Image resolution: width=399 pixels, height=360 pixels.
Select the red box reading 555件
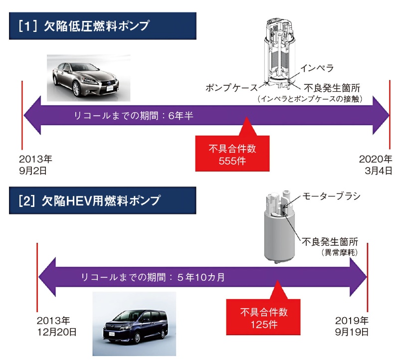(x=228, y=155)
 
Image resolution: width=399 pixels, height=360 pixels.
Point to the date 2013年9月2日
(x=35, y=165)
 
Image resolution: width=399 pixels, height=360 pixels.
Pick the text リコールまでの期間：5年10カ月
(x=153, y=277)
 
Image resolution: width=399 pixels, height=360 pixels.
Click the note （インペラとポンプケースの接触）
(x=310, y=99)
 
